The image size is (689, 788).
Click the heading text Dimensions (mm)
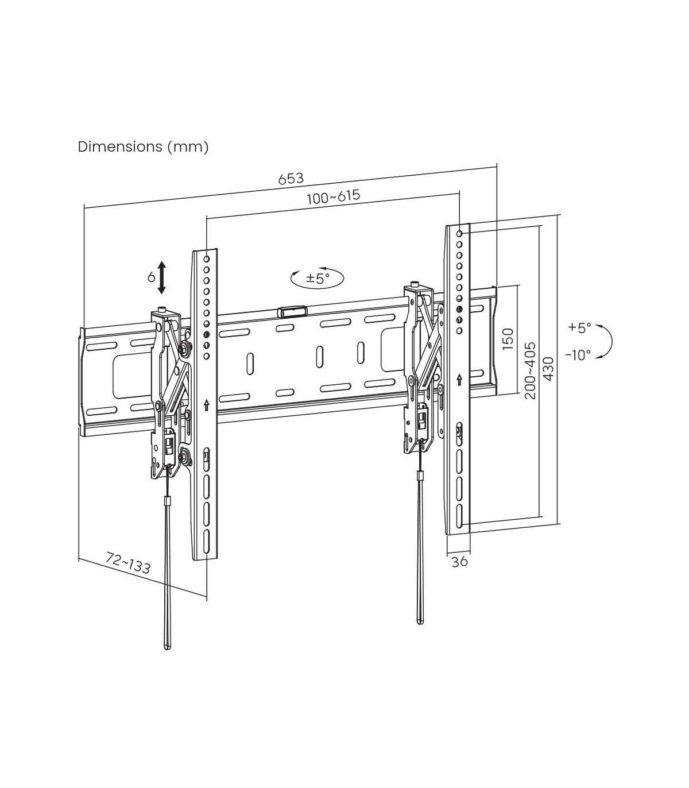pyautogui.click(x=143, y=146)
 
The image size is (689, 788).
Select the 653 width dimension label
pyautogui.click(x=291, y=178)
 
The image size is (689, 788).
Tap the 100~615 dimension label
pyautogui.click(x=334, y=196)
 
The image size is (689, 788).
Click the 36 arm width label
pyautogui.click(x=459, y=561)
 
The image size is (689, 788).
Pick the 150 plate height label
pyautogui.click(x=508, y=338)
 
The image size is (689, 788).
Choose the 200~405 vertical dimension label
pyautogui.click(x=530, y=370)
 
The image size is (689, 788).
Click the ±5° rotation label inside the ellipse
pyautogui.click(x=318, y=277)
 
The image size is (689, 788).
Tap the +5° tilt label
pyautogui.click(x=579, y=328)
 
